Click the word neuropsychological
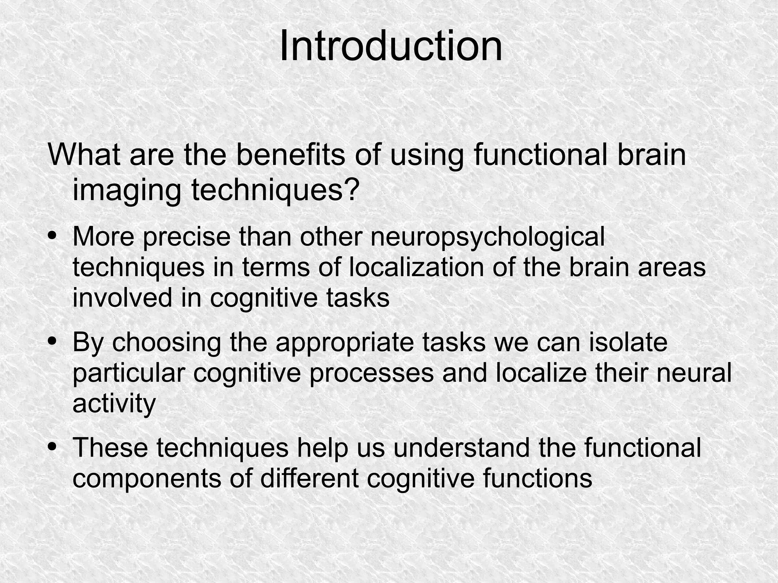click(x=487, y=237)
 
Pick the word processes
click(x=371, y=373)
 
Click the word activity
click(x=114, y=403)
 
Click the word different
click(x=309, y=478)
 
